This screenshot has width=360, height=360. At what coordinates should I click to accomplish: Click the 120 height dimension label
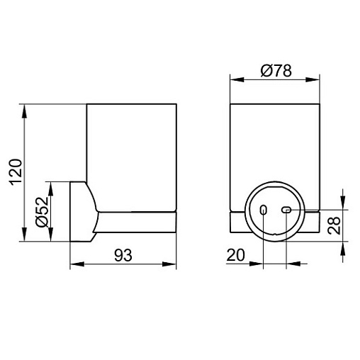click(16, 172)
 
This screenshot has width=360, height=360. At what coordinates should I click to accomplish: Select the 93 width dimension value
click(123, 255)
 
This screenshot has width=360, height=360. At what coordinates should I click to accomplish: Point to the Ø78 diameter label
click(276, 70)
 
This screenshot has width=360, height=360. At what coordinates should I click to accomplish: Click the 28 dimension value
click(334, 225)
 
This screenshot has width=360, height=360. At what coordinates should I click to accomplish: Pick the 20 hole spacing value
click(235, 255)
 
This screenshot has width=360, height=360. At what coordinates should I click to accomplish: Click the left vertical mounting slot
click(263, 210)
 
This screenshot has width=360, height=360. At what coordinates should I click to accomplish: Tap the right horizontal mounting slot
click(286, 210)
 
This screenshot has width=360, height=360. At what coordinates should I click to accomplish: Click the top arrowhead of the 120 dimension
click(24, 111)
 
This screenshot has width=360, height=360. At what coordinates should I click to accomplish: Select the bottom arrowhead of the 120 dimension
click(24, 235)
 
